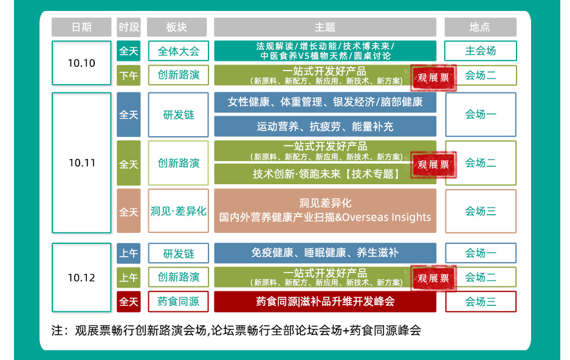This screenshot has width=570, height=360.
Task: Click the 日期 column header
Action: coord(81,27)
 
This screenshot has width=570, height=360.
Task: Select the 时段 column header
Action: coord(128,27)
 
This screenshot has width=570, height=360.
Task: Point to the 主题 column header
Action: coord(325,27)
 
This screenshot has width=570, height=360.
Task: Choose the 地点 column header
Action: coord(480,27)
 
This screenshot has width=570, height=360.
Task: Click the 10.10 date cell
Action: coord(81,63)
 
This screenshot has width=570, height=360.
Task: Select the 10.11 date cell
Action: coord(81,163)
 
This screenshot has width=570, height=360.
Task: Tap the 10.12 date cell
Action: coord(81,278)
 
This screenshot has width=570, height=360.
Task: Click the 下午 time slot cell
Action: coord(128,75)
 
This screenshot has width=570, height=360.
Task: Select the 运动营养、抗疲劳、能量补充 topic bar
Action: coord(325,126)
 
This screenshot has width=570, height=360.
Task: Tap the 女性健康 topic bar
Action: coord(325,102)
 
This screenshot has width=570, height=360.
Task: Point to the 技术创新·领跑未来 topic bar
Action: coord(325,174)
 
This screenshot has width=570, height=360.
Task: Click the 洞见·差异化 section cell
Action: coord(178,211)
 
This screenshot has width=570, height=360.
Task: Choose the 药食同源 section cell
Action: coord(178,302)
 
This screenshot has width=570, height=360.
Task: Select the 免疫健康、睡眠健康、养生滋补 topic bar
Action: coord(325,253)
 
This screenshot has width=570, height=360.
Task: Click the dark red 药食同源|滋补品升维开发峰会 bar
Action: coord(325,302)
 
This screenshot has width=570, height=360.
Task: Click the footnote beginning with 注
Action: coord(236,331)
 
